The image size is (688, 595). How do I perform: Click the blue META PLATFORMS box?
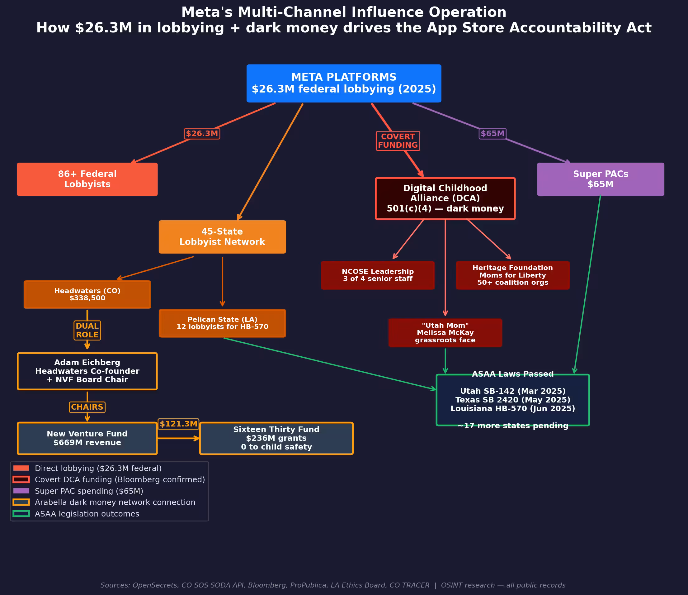tap(344, 83)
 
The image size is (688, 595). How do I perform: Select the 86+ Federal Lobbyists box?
tap(87, 179)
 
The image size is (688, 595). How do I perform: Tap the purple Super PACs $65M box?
tap(600, 179)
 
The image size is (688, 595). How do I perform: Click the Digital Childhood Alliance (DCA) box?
tap(445, 199)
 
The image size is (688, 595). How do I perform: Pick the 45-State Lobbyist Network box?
tap(222, 237)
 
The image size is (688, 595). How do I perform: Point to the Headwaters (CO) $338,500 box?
tap(87, 295)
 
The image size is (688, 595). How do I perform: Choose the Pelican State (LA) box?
tap(222, 323)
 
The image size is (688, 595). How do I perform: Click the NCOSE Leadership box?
tap(378, 275)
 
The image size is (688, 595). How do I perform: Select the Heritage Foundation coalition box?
tap(513, 275)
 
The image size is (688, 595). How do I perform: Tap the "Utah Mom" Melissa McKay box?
tap(445, 333)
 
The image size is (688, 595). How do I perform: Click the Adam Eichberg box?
tap(87, 371)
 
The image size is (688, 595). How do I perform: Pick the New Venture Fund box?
tap(87, 438)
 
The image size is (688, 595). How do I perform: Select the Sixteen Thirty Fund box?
tap(276, 438)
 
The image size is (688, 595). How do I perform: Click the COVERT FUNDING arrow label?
tap(398, 141)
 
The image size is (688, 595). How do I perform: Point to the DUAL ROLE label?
tap(87, 331)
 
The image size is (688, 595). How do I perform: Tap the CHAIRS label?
tap(87, 407)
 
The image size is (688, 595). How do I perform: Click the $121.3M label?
tap(179, 424)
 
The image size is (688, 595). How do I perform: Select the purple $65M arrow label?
tap(492, 134)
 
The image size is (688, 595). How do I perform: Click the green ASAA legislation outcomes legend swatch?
tap(21, 514)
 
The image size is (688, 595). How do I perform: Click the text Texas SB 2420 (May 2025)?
tap(513, 400)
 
